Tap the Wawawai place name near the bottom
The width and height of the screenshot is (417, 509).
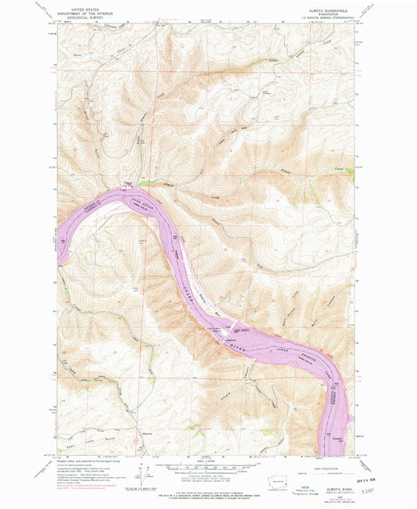pos(146,435)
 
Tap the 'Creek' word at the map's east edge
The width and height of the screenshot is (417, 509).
pos(340,167)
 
